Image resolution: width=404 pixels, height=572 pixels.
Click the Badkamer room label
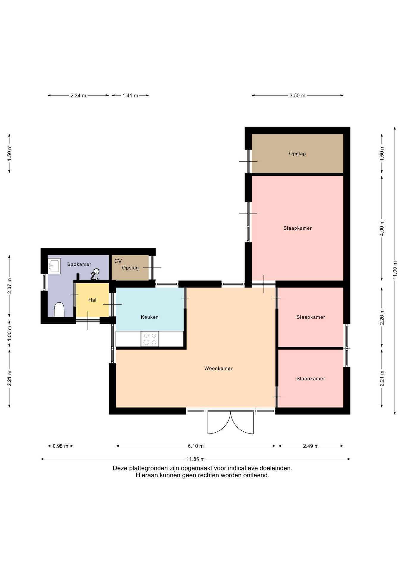click(79, 264)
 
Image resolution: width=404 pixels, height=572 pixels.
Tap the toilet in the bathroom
click(59, 310)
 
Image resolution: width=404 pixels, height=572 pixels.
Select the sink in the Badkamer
click(54, 266)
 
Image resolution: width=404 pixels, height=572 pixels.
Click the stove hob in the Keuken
click(150, 339)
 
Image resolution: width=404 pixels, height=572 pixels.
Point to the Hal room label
click(92, 300)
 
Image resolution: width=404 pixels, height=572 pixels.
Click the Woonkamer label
click(218, 368)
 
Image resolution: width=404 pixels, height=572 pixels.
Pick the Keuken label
click(150, 317)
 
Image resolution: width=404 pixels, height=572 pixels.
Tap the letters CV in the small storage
click(118, 261)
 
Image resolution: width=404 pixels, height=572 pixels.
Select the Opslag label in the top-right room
click(297, 153)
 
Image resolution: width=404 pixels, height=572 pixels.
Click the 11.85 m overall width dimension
click(195, 459)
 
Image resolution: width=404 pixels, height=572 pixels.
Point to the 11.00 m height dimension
click(395, 270)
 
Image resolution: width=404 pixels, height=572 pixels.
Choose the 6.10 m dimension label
click(196, 446)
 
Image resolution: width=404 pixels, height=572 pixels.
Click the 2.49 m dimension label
click(311, 446)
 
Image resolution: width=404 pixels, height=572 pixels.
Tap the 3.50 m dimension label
click(297, 96)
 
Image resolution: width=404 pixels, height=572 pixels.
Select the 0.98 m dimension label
click(60, 446)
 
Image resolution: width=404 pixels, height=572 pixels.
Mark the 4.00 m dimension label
click(382, 228)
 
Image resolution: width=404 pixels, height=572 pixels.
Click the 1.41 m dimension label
click(130, 96)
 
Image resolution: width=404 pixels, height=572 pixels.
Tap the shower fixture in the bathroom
click(95, 274)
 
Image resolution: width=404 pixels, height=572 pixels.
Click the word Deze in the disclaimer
click(120, 468)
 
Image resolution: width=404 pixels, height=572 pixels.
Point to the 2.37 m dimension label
click(10, 286)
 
